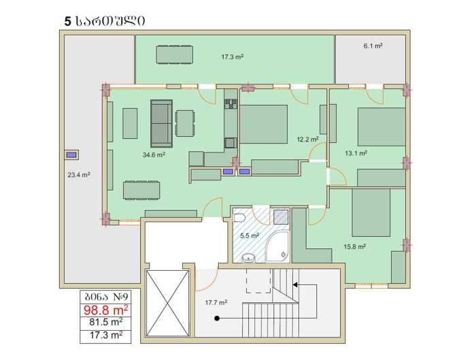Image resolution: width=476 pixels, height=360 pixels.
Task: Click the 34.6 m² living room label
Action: coord(154,154)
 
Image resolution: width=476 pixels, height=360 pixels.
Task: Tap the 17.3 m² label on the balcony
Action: coord(233,56)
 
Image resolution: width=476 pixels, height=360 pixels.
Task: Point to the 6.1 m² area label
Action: coord(373,46)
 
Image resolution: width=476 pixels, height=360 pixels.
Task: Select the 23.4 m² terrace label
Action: coord(79,175)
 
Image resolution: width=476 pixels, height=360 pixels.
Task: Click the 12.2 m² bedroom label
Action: coord(307,139)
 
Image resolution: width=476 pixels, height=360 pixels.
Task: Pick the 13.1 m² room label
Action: coord(356,153)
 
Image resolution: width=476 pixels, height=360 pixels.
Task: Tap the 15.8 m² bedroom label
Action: coord(354,246)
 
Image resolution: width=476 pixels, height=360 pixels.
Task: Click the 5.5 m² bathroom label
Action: coord(250,235)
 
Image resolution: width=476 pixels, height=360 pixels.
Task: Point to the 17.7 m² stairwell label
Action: coord(216,303)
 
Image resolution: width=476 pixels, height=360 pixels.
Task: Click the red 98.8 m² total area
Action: coord(105,310)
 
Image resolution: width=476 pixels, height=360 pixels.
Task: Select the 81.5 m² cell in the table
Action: coord(106,323)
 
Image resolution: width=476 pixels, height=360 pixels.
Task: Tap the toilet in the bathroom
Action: coord(239,218)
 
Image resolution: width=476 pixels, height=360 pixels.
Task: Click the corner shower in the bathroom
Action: coord(277,246)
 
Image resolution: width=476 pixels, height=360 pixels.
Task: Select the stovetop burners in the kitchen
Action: coord(231,104)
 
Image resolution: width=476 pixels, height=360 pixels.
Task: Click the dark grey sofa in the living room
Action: coord(162,123)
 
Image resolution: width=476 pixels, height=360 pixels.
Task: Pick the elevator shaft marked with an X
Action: coord(167,304)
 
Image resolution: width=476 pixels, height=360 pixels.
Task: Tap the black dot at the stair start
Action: coord(217,318)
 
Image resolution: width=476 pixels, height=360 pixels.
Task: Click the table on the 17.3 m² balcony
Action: coord(175,54)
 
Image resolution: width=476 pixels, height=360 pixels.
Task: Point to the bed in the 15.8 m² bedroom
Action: coord(371,212)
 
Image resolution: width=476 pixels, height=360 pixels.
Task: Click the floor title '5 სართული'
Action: coord(105,21)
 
